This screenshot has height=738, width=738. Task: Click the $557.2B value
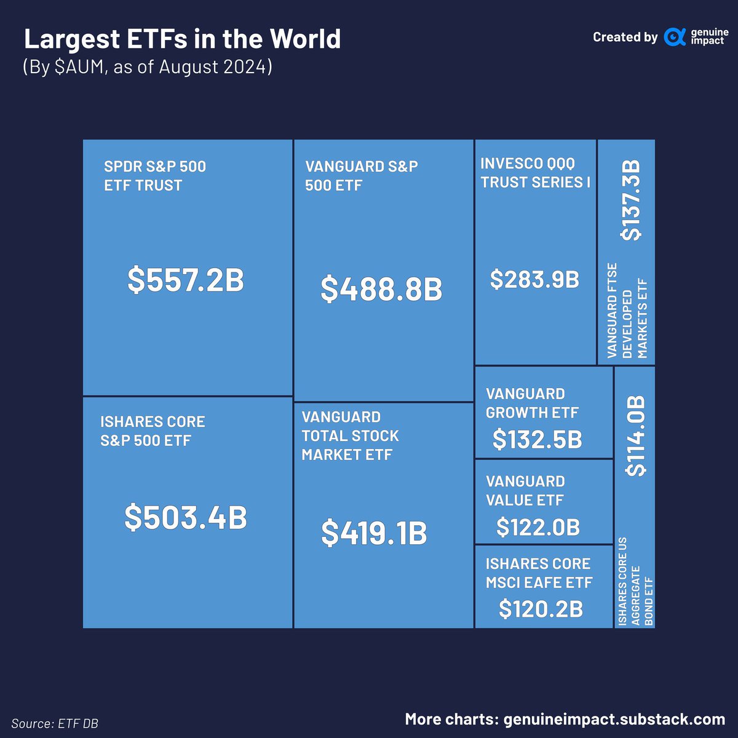186,280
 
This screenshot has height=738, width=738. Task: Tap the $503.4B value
186,517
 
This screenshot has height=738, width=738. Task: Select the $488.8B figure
381,290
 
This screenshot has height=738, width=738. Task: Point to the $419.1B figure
374,533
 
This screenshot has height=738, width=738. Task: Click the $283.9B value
534,279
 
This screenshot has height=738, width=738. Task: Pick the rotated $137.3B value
631,200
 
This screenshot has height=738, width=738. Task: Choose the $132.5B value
538,440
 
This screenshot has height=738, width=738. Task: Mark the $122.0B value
538,527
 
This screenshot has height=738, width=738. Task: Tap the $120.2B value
541,609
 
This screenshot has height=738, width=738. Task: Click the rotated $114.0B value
636,435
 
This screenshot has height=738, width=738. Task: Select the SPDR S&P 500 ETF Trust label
155,176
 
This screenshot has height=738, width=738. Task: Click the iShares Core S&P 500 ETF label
153,431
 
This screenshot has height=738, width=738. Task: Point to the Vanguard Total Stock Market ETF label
350,436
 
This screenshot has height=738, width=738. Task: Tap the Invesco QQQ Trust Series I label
535,173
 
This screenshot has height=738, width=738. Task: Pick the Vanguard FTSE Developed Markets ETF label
627,311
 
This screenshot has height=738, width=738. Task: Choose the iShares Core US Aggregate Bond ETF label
636,581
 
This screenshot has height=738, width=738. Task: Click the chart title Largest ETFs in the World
182,39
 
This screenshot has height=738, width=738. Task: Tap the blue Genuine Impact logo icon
675,38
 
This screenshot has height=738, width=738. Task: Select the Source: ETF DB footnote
55,723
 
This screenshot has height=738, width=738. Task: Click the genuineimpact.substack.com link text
614,719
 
